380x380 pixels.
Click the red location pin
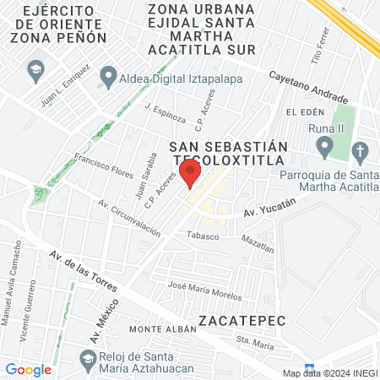191,174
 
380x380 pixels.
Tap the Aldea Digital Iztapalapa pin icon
108,78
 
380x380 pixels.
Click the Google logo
28,369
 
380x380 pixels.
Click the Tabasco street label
203,236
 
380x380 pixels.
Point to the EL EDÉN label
301,111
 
